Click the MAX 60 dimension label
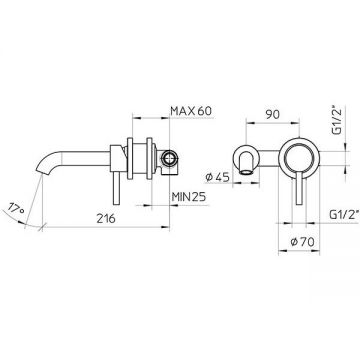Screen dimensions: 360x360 point(191,111)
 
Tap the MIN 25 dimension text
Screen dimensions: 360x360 point(189,197)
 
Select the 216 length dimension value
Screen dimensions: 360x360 point(106,219)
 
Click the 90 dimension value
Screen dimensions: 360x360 point(272,114)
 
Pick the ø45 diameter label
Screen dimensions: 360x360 point(218,177)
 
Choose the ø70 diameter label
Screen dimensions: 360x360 point(302,242)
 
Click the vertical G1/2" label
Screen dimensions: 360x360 point(337,120)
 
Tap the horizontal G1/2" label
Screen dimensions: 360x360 point(343,215)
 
